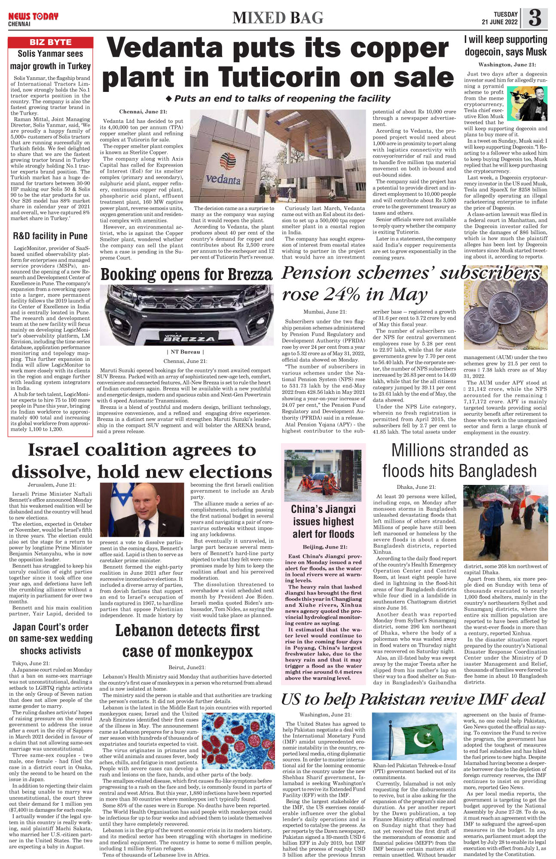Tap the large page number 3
(535, 18)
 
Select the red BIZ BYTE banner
(50, 42)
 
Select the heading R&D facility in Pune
(50, 236)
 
